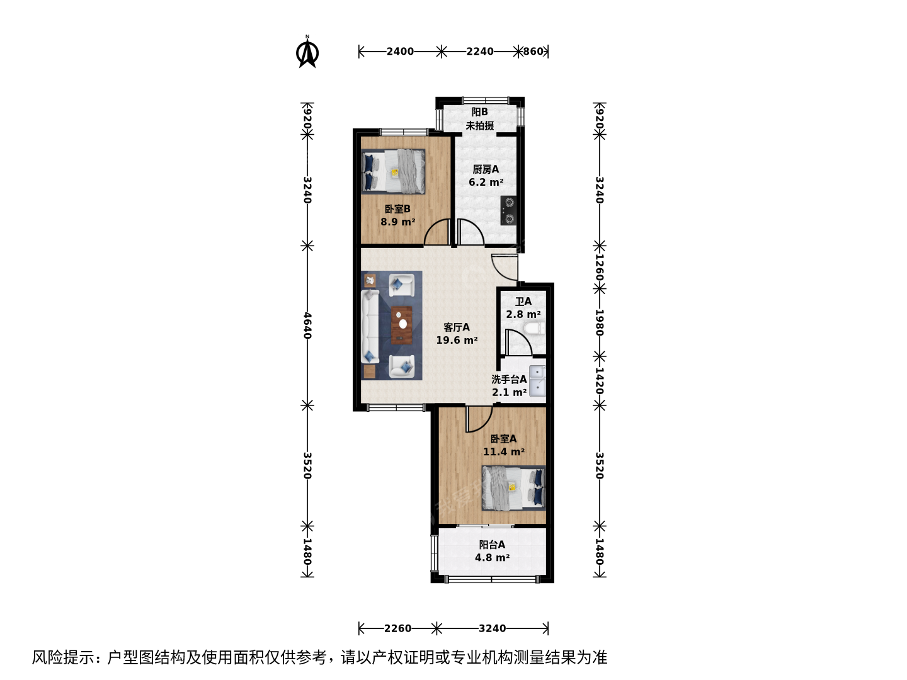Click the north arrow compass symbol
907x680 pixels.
click(307, 52)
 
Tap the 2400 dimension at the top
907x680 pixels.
click(400, 52)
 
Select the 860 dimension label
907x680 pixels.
click(533, 52)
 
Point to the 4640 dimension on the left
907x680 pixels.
click(307, 326)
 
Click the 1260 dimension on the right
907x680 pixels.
click(600, 267)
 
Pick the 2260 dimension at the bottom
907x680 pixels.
click(397, 628)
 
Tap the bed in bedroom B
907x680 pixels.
click(393, 171)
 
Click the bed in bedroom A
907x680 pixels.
click(513, 488)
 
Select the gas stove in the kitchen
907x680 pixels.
click(509, 210)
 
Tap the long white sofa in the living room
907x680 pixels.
click(370, 327)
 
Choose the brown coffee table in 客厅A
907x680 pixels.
click(402, 325)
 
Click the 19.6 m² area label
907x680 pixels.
click(457, 340)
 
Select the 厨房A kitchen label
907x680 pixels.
click(486, 169)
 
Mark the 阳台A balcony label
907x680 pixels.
click(492, 545)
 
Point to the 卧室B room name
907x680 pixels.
click(397, 209)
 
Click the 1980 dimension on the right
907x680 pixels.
click(600, 322)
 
